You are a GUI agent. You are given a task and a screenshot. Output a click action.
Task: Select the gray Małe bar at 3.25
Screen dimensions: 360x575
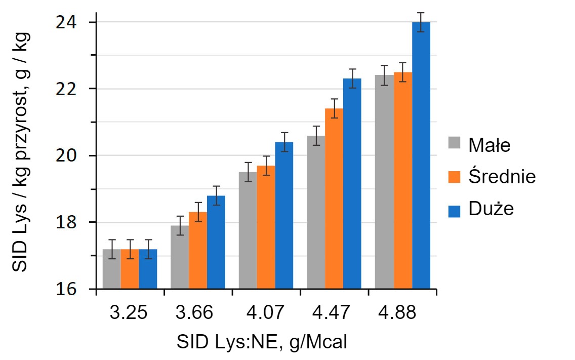click(111, 269)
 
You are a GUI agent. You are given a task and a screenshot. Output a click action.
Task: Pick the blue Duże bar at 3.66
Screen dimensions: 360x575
click(216, 243)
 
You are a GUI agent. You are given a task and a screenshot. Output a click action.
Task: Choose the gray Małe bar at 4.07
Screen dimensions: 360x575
click(248, 230)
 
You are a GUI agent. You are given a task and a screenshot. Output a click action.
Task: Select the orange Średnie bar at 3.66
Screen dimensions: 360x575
click(198, 251)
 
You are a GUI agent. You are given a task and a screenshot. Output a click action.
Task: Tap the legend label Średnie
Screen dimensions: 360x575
click(502, 177)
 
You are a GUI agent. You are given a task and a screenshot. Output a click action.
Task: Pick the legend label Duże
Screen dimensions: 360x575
click(491, 209)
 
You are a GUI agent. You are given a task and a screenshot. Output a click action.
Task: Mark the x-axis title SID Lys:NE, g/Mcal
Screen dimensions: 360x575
click(262, 342)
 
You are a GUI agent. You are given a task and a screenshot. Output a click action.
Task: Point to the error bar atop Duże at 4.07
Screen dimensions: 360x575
click(284, 142)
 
